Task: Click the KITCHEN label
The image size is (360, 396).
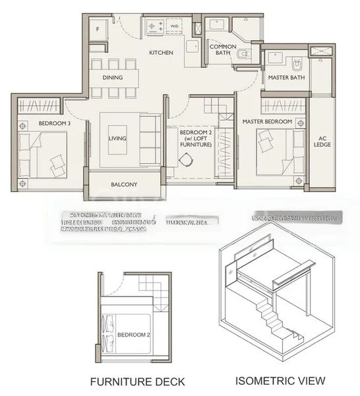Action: pyautogui.click(x=160, y=51)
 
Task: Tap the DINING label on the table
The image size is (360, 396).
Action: pyautogui.click(x=113, y=77)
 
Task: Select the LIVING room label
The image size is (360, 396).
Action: pyautogui.click(x=117, y=138)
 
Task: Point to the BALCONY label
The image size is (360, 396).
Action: pyautogui.click(x=124, y=185)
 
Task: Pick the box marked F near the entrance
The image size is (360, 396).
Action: pyautogui.click(x=98, y=29)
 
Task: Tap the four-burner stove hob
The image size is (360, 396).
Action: pyautogui.click(x=155, y=28)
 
